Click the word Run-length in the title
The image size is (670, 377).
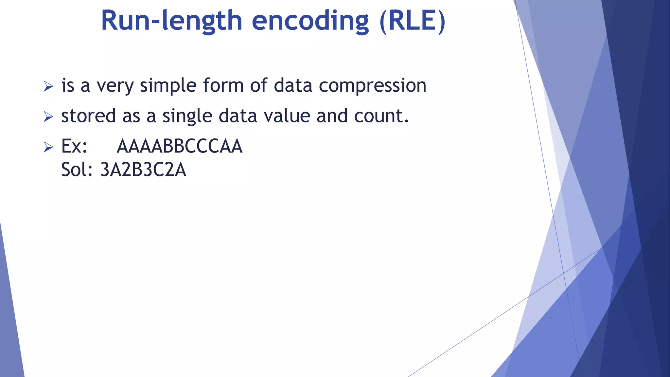click(171, 21)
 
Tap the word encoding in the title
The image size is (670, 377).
click(310, 21)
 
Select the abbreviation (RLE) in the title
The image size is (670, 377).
click(413, 21)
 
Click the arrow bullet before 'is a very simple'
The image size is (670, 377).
click(48, 86)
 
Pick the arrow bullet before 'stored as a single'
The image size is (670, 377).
click(48, 117)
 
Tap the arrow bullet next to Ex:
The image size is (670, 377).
click(48, 147)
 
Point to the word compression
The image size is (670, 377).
click(373, 86)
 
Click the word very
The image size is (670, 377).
click(115, 86)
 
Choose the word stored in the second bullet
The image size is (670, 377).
click(88, 116)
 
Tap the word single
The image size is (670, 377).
click(187, 116)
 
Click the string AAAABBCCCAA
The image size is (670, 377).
click(180, 146)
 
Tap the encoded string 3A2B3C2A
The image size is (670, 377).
click(143, 170)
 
